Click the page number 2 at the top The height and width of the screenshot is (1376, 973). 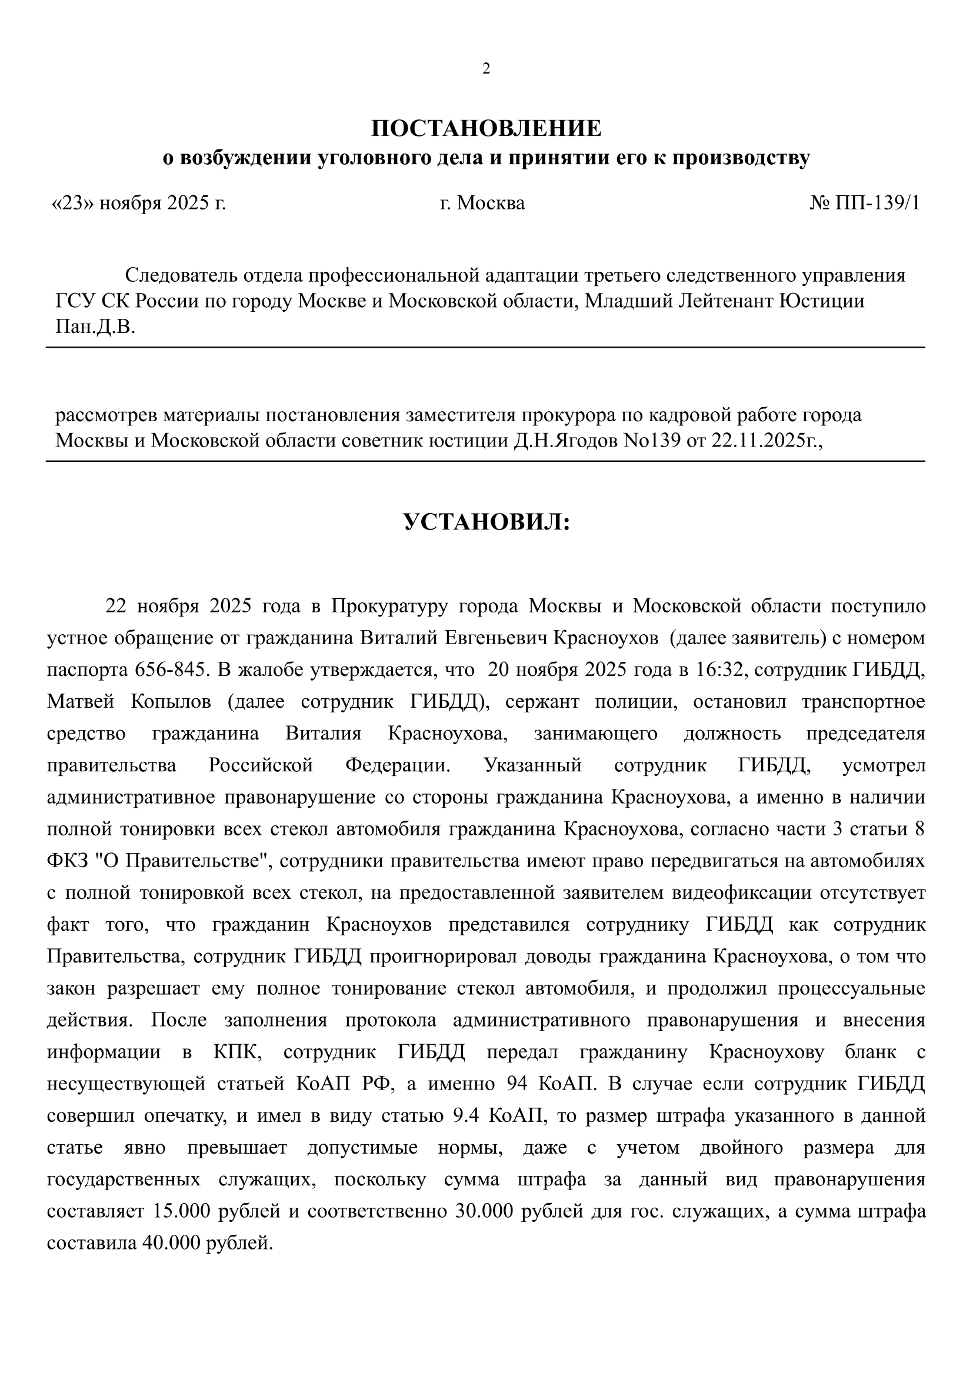click(486, 69)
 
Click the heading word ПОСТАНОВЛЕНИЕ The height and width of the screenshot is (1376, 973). click(486, 129)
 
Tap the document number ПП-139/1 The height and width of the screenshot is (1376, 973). click(875, 203)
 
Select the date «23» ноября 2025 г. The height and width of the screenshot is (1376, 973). click(139, 203)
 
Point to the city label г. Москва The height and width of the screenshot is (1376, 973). click(482, 203)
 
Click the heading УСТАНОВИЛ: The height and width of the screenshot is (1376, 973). click(486, 522)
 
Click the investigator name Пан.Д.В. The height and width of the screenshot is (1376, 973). click(95, 327)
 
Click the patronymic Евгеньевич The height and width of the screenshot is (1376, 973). click(496, 638)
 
